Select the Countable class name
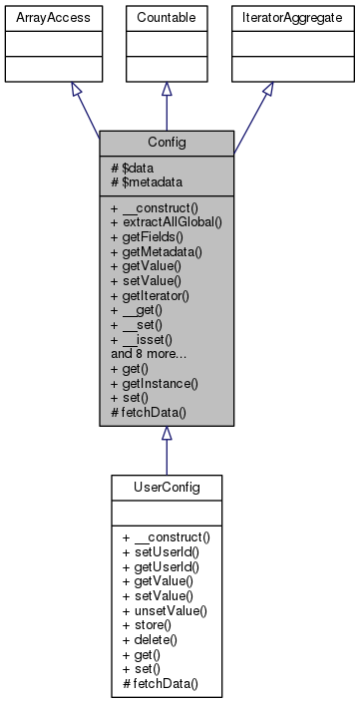click(x=166, y=18)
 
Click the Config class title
click(x=166, y=143)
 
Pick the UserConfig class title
click(x=166, y=488)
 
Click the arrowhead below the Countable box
click(x=166, y=90)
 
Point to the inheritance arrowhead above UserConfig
click(x=166, y=434)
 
